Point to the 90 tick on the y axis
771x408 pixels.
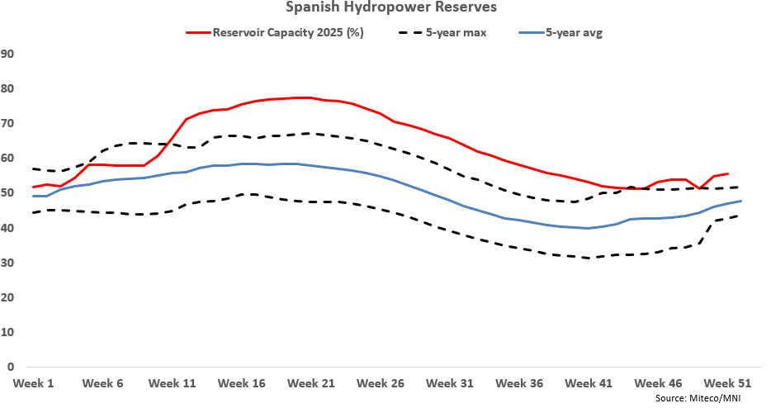coord(10,54)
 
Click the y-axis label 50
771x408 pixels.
coord(10,192)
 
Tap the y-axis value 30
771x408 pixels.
coord(10,263)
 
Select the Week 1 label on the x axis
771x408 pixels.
coord(34,383)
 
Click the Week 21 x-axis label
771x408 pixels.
coord(311,383)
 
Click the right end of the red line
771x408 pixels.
coord(727,173)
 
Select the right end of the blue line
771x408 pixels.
coord(740,201)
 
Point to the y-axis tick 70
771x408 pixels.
coord(10,123)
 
